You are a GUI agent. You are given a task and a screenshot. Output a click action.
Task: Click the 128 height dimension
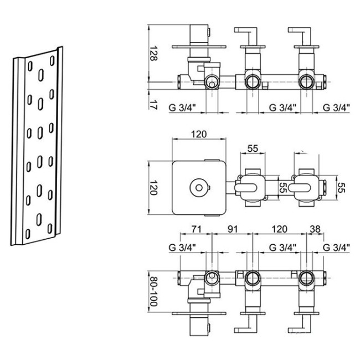point(153,53)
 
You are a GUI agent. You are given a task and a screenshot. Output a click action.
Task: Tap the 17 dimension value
point(153,105)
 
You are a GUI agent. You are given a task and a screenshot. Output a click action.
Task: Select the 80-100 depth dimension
point(153,291)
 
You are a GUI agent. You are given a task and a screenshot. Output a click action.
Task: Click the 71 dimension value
point(196,229)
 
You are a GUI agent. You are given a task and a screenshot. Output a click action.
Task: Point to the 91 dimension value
point(233,229)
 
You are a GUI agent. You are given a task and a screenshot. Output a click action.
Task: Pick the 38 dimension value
point(315,229)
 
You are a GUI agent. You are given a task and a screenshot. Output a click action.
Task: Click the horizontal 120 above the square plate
point(199,134)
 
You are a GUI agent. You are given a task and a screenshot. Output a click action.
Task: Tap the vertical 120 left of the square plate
point(153,187)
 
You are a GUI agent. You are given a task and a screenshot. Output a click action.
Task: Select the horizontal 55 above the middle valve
point(253,148)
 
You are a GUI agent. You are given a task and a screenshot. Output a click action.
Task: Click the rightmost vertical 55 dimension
point(341,188)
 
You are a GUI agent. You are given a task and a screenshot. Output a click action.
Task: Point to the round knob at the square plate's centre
point(199,188)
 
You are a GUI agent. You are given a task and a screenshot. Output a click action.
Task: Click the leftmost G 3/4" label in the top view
point(183,107)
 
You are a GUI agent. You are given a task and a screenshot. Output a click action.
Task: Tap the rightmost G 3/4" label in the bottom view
point(336,248)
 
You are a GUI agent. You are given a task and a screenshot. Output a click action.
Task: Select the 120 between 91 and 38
point(279,229)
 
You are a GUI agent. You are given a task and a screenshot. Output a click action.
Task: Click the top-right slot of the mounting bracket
point(52,60)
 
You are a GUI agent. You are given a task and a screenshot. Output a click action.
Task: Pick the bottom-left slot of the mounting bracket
point(28,234)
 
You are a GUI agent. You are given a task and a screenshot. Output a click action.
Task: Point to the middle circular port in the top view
point(253,82)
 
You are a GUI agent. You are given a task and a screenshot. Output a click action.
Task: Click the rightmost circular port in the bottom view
point(306,277)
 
